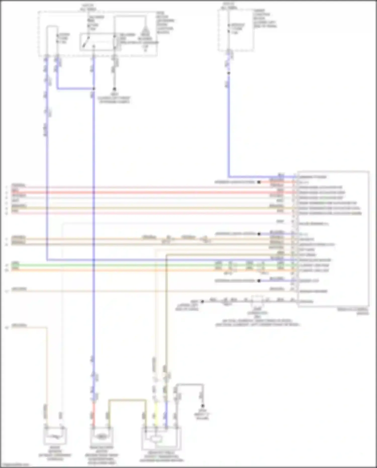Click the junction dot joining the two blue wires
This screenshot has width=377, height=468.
(x=94, y=89)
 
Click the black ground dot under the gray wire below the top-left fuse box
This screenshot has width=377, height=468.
(x=114, y=89)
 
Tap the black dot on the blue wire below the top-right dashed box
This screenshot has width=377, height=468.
(x=229, y=73)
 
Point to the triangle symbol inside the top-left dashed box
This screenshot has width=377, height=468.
(x=145, y=31)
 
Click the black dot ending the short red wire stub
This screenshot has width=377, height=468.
(x=259, y=182)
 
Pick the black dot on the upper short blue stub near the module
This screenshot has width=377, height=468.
(x=259, y=234)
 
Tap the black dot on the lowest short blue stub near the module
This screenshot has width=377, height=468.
(x=259, y=281)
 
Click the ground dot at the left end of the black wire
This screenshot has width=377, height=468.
(x=202, y=301)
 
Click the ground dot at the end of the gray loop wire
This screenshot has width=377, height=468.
(x=203, y=406)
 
